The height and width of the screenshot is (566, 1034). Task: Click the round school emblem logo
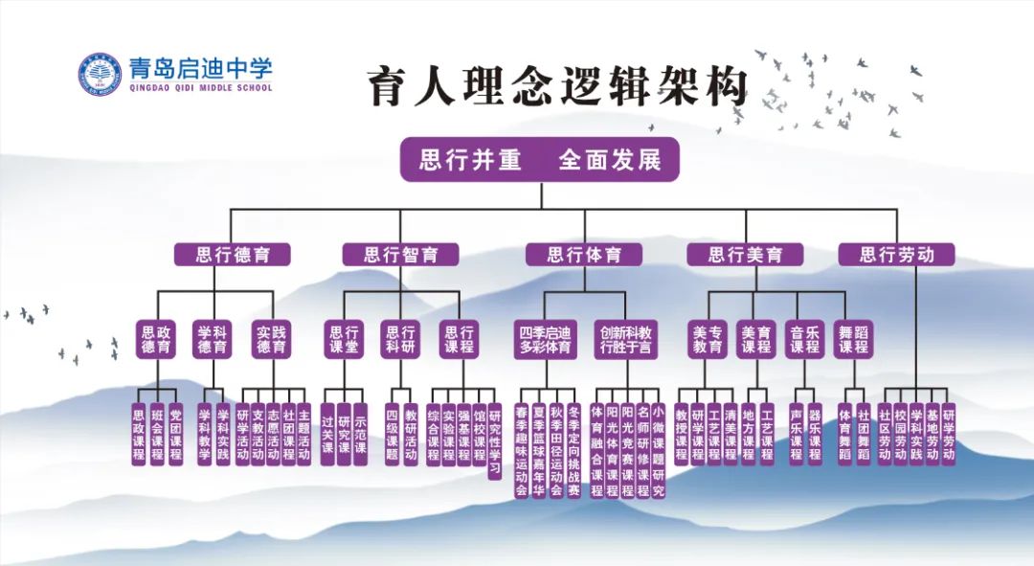(100, 74)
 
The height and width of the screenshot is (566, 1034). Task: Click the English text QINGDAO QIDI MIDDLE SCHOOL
(200, 88)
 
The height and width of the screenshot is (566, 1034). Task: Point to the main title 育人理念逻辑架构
(556, 88)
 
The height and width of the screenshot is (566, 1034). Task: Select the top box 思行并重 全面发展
(539, 159)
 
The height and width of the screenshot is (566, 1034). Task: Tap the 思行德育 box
(232, 255)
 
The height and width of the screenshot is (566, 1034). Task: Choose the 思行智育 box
(400, 255)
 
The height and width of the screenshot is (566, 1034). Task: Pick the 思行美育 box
(745, 255)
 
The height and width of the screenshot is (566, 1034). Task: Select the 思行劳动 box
(896, 255)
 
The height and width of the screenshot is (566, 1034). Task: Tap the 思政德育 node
(156, 340)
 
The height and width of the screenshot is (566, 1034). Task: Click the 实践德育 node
(271, 340)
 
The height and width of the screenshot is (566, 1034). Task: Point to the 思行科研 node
(400, 340)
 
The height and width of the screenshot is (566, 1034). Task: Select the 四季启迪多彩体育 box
(546, 340)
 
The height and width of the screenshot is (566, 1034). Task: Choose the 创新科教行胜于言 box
(626, 340)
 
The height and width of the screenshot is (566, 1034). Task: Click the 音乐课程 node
(804, 340)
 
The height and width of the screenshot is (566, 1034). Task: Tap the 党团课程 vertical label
(175, 434)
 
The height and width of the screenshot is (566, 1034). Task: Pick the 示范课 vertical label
(360, 434)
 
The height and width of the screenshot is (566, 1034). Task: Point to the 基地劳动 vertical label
(932, 434)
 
